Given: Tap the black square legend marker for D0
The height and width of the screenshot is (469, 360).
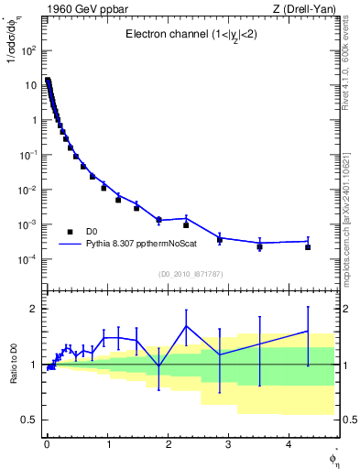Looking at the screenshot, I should [x=70, y=232].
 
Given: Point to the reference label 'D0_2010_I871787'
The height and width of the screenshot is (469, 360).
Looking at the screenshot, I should [x=190, y=274].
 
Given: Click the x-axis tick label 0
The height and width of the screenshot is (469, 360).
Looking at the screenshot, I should [x=47, y=445].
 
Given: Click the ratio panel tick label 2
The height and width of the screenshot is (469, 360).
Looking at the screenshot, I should [x=33, y=309].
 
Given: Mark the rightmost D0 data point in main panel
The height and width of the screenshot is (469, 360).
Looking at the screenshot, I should [x=308, y=247].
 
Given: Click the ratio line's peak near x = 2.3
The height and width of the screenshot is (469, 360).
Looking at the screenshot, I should [x=186, y=326].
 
